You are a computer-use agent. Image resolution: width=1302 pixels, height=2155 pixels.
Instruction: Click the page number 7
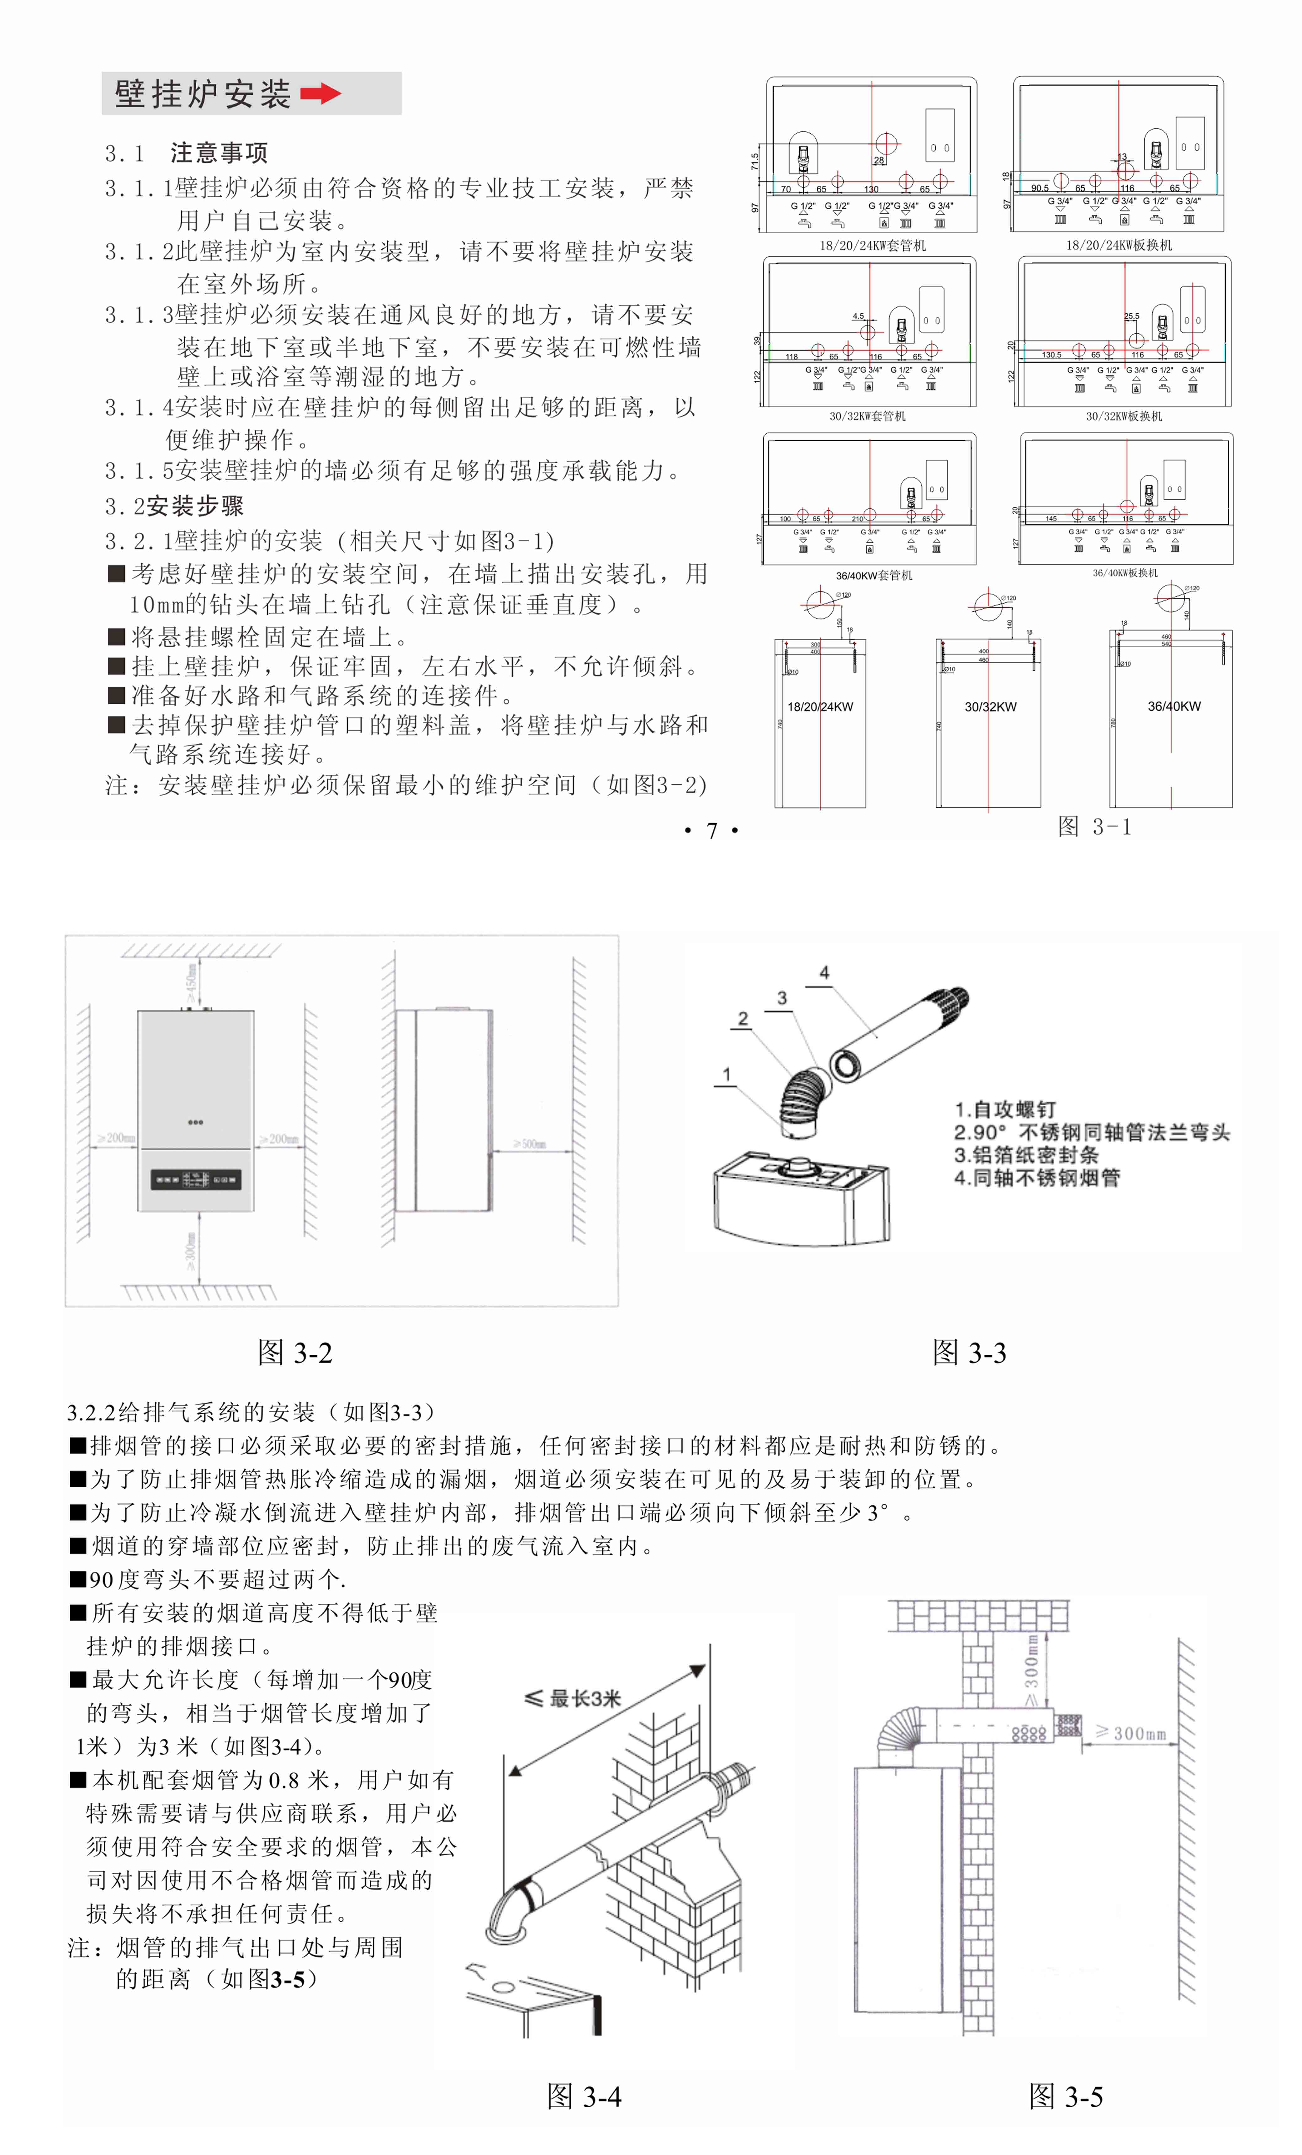[x=712, y=831]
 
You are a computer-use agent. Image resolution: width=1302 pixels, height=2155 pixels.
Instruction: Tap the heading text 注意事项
[x=219, y=153]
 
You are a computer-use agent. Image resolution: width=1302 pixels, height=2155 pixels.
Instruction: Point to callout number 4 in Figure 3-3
[x=824, y=972]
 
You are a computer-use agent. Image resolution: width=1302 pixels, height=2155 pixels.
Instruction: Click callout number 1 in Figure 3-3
[x=726, y=1074]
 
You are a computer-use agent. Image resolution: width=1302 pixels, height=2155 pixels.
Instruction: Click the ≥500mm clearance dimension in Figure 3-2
[x=530, y=1143]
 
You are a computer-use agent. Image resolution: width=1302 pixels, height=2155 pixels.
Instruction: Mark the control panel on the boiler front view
[x=196, y=1180]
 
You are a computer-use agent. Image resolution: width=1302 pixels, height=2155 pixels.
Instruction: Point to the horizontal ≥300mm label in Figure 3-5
[x=1130, y=1734]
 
